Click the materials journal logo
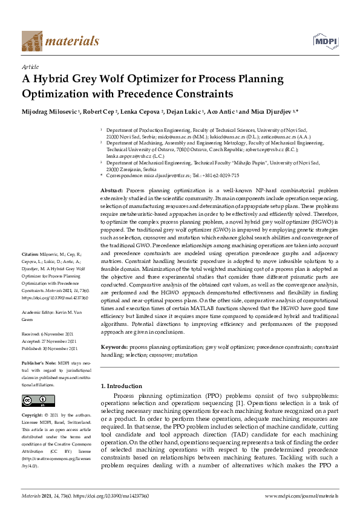click(60, 41)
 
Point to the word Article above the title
click(30, 66)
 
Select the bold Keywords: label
click(114, 347)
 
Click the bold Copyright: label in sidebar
click(33, 415)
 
